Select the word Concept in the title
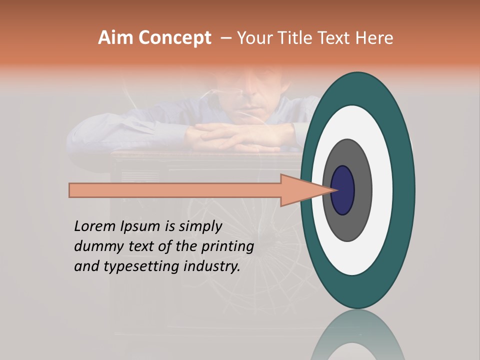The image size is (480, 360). pyautogui.click(x=174, y=38)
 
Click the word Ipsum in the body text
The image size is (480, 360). pyautogui.click(x=140, y=226)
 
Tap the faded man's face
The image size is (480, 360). pyautogui.click(x=250, y=92)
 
